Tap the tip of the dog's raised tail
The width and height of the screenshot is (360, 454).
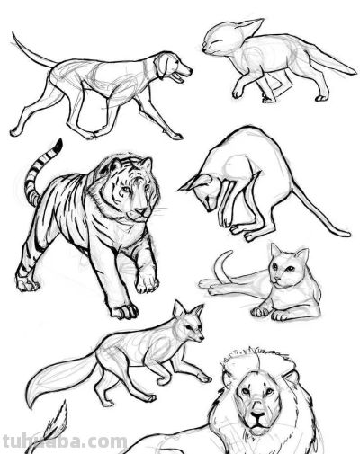(x=13, y=32)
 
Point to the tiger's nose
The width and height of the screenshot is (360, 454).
(x=142, y=211)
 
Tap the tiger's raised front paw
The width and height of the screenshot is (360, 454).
(x=147, y=281)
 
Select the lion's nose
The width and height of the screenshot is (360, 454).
(x=258, y=416)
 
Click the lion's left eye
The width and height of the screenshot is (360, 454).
(x=246, y=391)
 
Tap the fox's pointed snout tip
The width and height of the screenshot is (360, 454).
(x=202, y=339)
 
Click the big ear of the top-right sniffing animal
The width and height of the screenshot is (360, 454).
(x=249, y=27)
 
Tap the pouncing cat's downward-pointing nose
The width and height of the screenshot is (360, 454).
(x=209, y=209)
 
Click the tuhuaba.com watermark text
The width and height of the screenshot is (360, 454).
(x=65, y=442)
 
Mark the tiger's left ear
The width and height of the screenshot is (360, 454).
(x=115, y=165)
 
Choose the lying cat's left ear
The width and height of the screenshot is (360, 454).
(x=275, y=250)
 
